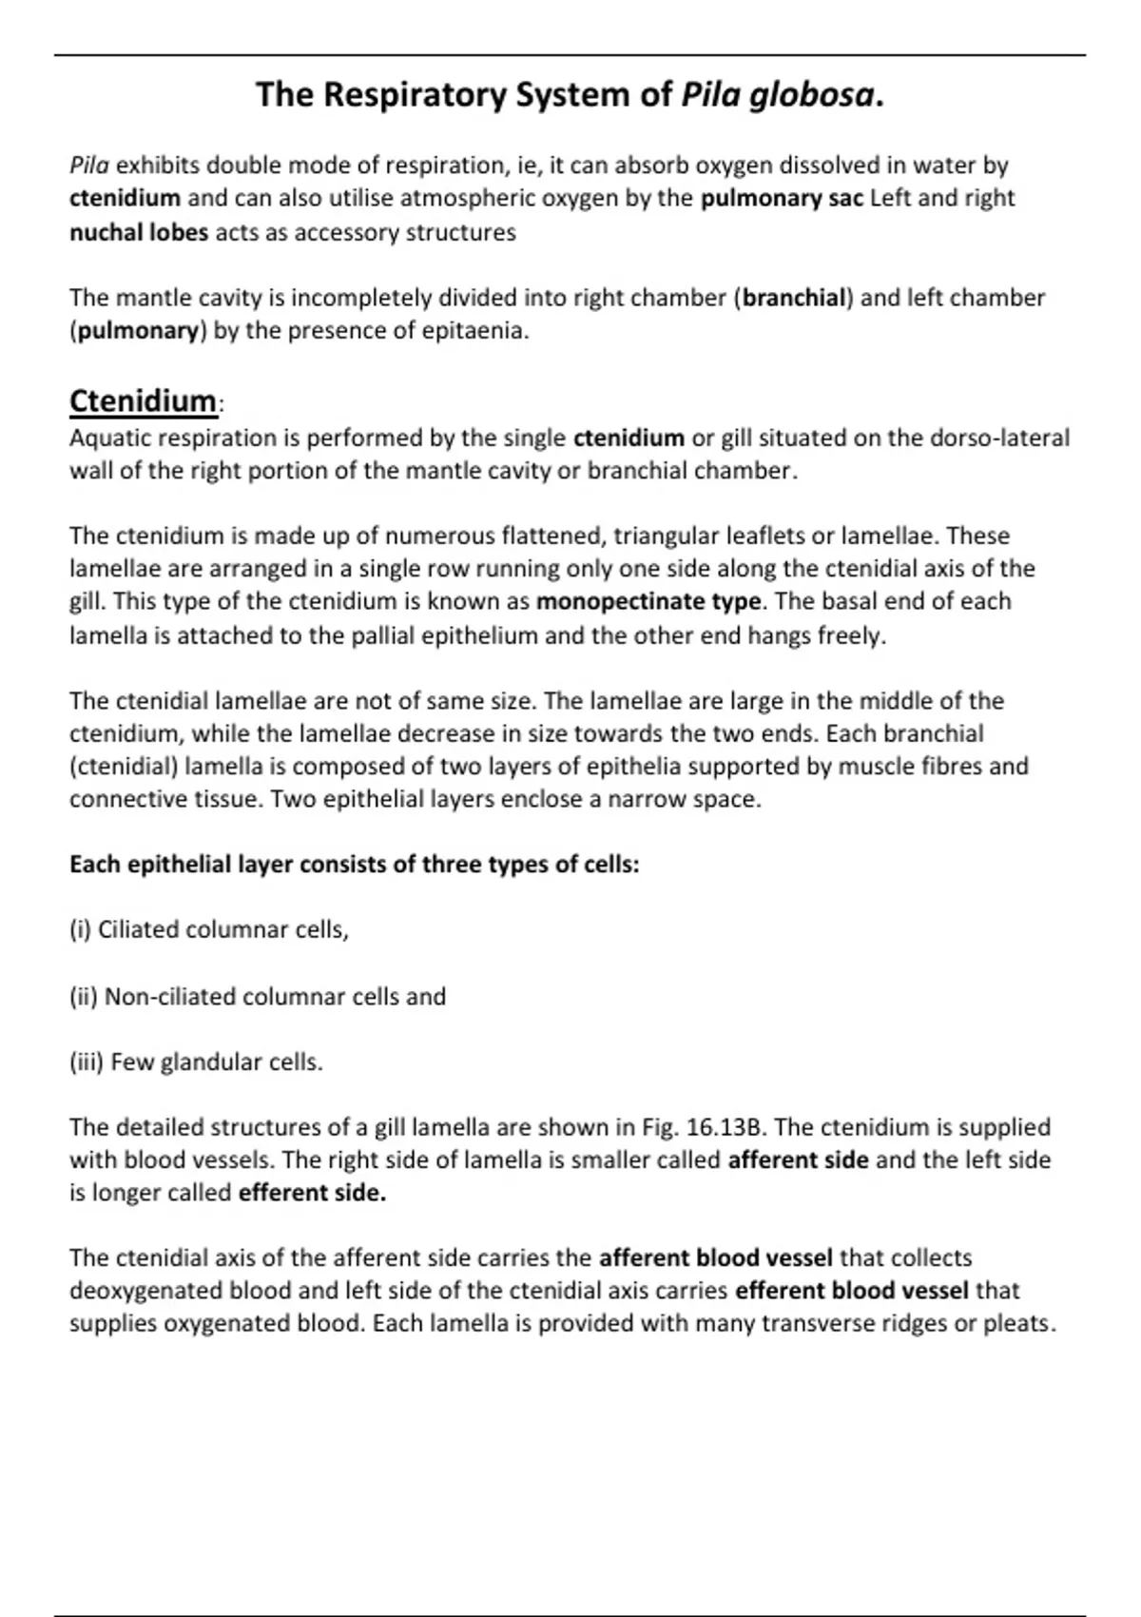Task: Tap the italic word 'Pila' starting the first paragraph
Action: click(x=88, y=166)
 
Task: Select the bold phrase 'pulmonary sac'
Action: click(x=782, y=199)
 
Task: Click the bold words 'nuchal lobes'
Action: click(x=138, y=233)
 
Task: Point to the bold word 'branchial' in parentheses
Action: click(x=794, y=299)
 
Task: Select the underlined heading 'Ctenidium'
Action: click(x=143, y=401)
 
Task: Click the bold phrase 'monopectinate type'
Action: click(x=648, y=602)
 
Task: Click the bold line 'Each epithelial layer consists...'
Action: click(x=354, y=865)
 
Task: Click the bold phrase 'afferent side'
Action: click(x=798, y=1160)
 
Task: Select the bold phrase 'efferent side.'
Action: click(x=312, y=1194)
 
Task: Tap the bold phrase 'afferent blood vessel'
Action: click(x=715, y=1258)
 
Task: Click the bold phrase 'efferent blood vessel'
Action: click(x=852, y=1292)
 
